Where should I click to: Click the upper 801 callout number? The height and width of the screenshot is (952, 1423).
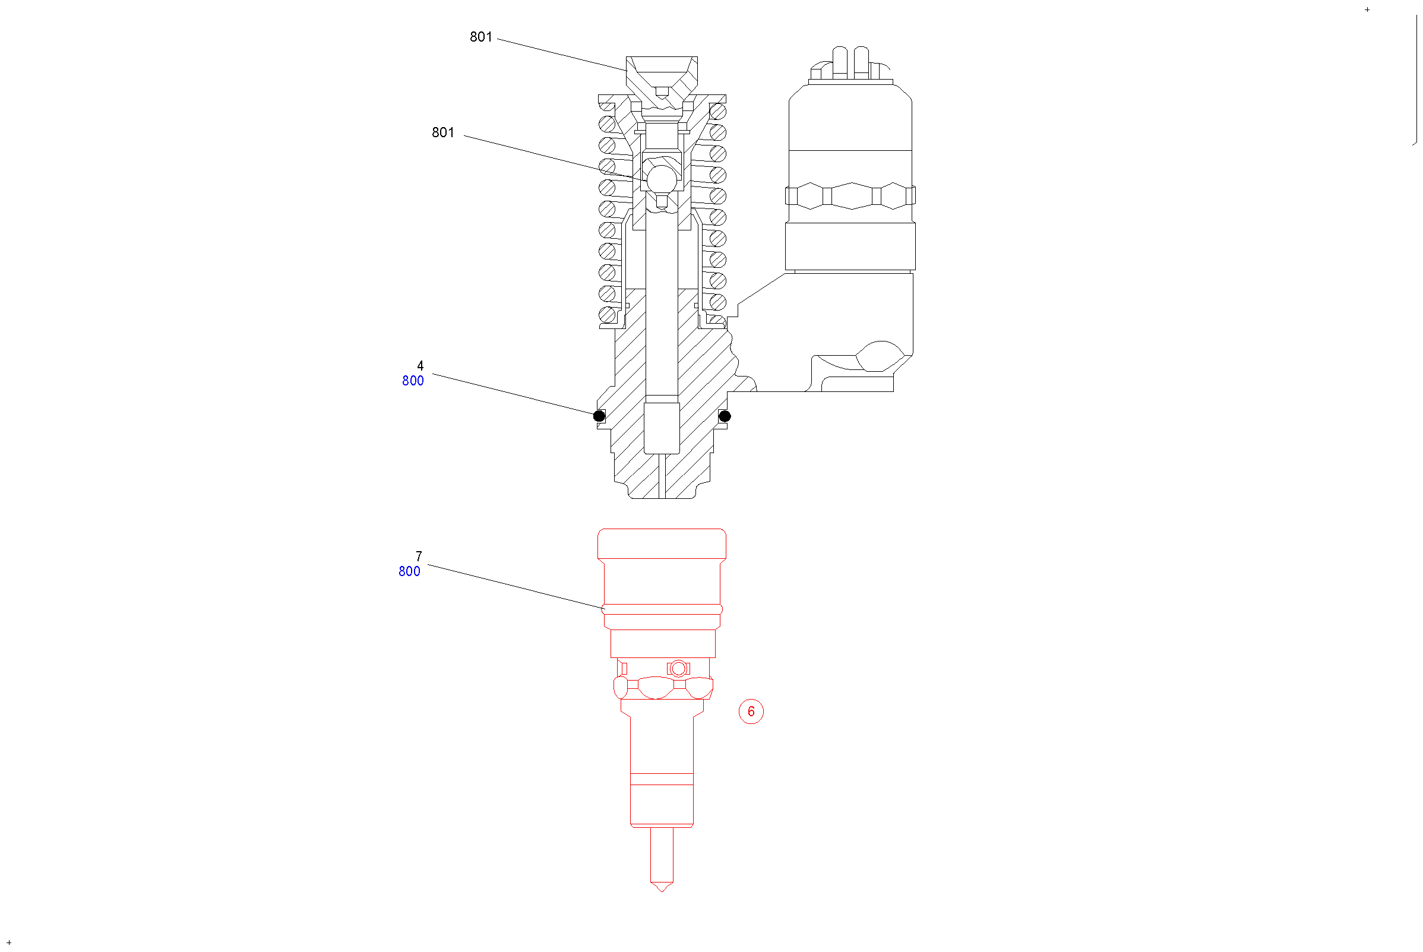[481, 37]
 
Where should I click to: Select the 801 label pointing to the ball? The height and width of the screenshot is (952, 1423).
[442, 132]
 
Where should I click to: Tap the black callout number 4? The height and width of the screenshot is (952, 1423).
[420, 365]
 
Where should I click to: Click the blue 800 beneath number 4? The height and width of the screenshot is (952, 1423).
[413, 381]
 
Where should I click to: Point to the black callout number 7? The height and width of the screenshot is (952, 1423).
[419, 556]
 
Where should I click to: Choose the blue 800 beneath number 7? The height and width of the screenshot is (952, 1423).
[409, 571]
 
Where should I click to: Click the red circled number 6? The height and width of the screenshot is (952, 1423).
[751, 711]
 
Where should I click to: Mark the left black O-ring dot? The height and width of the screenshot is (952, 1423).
[599, 416]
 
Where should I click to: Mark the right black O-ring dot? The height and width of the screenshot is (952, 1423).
[724, 416]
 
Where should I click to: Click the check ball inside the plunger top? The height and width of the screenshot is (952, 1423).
[662, 180]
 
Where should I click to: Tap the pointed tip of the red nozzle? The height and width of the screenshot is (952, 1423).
[662, 891]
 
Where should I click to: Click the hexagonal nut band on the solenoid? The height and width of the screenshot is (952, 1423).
[850, 195]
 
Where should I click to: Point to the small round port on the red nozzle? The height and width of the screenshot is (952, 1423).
[678, 669]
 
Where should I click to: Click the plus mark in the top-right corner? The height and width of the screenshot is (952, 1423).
[1367, 10]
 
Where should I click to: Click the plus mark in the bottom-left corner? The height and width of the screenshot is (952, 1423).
[9, 942]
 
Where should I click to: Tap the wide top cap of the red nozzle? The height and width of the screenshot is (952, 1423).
[662, 544]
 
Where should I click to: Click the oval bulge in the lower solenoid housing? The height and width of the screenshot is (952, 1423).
[880, 356]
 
